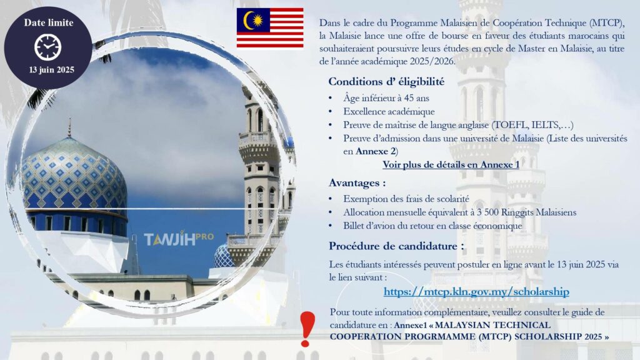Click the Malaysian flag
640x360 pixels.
(x=270, y=27)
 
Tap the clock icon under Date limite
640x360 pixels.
(x=47, y=47)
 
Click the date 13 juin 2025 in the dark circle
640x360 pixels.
(x=51, y=70)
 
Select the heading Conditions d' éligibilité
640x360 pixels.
(x=386, y=82)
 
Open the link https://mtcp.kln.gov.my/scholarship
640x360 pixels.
(x=476, y=291)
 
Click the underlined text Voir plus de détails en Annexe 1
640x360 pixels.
(x=451, y=164)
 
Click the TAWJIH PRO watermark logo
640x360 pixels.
(x=178, y=238)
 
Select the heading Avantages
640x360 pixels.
(x=357, y=183)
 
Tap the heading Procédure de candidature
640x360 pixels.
(x=396, y=246)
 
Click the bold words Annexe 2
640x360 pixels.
(x=376, y=151)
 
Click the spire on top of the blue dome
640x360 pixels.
(x=69, y=127)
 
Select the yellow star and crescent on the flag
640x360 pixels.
(x=253, y=20)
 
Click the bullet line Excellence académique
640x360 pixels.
(x=389, y=111)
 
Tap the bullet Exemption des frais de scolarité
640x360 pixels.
(x=406, y=199)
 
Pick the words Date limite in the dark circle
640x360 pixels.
(x=49, y=23)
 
